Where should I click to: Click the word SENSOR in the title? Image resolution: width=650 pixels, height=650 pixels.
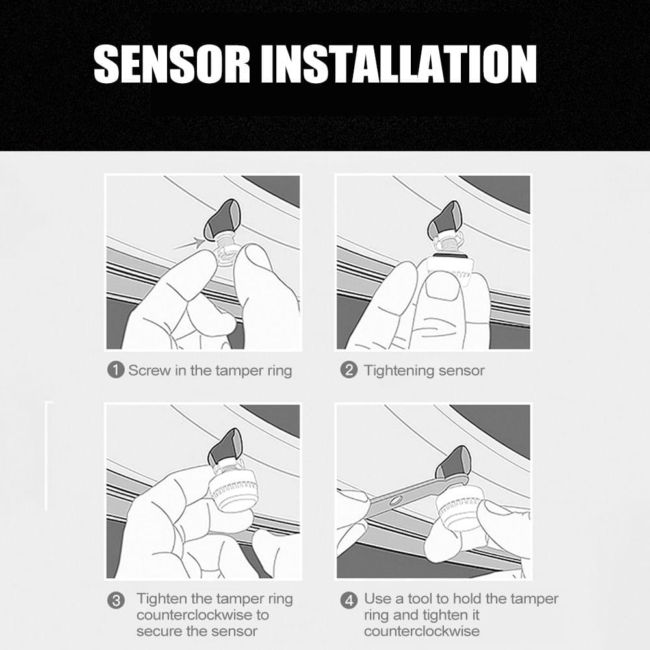[172, 64]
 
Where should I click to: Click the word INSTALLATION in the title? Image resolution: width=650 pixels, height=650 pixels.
[398, 64]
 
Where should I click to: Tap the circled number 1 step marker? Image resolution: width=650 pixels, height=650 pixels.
[116, 370]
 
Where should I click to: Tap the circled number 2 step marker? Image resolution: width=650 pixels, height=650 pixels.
[348, 370]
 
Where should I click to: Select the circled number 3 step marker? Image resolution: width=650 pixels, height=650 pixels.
[116, 600]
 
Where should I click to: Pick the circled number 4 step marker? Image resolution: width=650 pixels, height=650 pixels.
[348, 600]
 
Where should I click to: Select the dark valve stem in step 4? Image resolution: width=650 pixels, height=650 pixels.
[453, 463]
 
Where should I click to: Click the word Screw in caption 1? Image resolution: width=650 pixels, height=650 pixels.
[149, 370]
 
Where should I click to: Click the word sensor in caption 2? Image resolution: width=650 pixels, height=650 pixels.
[461, 371]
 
